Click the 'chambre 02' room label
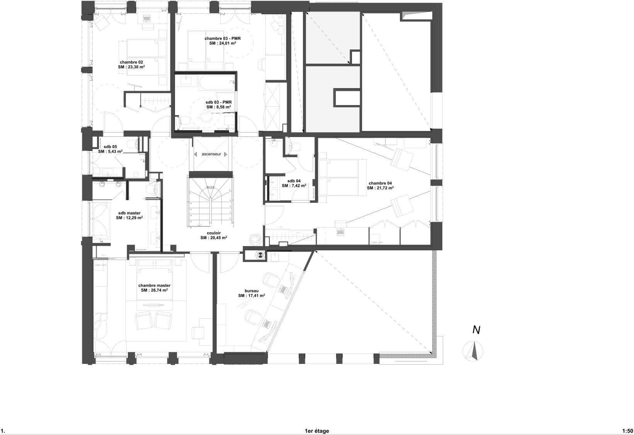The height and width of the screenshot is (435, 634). pyautogui.click(x=131, y=62)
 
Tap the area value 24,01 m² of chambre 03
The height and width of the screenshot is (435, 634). pyautogui.click(x=223, y=44)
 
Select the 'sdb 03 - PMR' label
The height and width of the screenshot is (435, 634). pyautogui.click(x=218, y=102)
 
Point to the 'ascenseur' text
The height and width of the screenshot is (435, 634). pyautogui.click(x=211, y=154)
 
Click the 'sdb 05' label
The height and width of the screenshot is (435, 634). pyautogui.click(x=110, y=147)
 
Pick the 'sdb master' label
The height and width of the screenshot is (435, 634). pyautogui.click(x=129, y=213)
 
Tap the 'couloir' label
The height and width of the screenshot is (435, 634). pyautogui.click(x=213, y=233)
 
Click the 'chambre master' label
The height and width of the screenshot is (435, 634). pyautogui.click(x=154, y=285)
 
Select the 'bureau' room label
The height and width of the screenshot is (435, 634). pyautogui.click(x=251, y=291)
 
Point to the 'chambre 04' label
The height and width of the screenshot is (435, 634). pyautogui.click(x=380, y=183)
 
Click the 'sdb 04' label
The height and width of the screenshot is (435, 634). pyautogui.click(x=294, y=181)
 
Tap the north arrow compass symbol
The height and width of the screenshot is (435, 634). pyautogui.click(x=473, y=352)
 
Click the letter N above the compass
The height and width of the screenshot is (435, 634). pyautogui.click(x=476, y=330)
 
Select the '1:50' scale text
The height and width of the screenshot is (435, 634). pyautogui.click(x=627, y=431)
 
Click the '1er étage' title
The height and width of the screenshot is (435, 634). pyautogui.click(x=317, y=431)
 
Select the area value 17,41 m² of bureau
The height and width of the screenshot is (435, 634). pyautogui.click(x=252, y=296)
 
